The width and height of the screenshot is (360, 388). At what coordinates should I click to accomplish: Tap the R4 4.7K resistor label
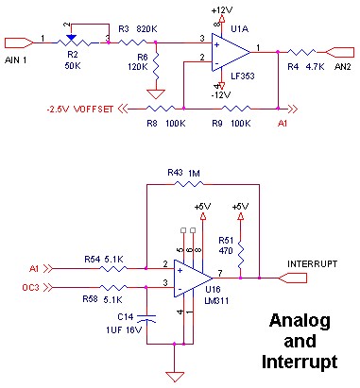301,67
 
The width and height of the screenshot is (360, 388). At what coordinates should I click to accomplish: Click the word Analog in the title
294,321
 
